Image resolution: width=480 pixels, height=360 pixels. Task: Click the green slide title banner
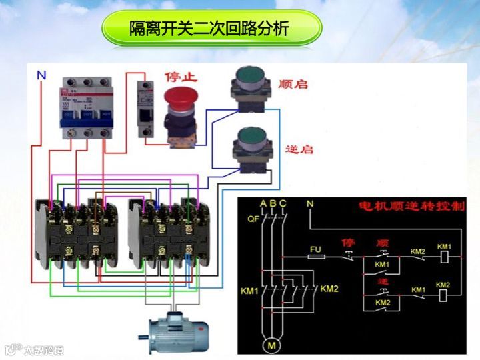[x=211, y=29]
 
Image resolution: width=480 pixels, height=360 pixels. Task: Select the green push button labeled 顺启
[x=249, y=83]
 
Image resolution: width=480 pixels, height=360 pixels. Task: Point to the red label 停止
[x=181, y=77]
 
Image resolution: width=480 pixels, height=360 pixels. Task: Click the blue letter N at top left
[x=41, y=76]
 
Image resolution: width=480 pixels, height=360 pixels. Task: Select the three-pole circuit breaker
[x=85, y=107]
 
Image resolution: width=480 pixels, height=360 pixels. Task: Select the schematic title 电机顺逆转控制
[x=411, y=207]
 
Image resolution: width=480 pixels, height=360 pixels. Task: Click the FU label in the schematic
[x=316, y=247]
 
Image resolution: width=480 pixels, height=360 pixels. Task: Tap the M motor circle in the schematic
[x=271, y=345]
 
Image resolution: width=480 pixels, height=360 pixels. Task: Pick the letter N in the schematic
[x=309, y=203]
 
